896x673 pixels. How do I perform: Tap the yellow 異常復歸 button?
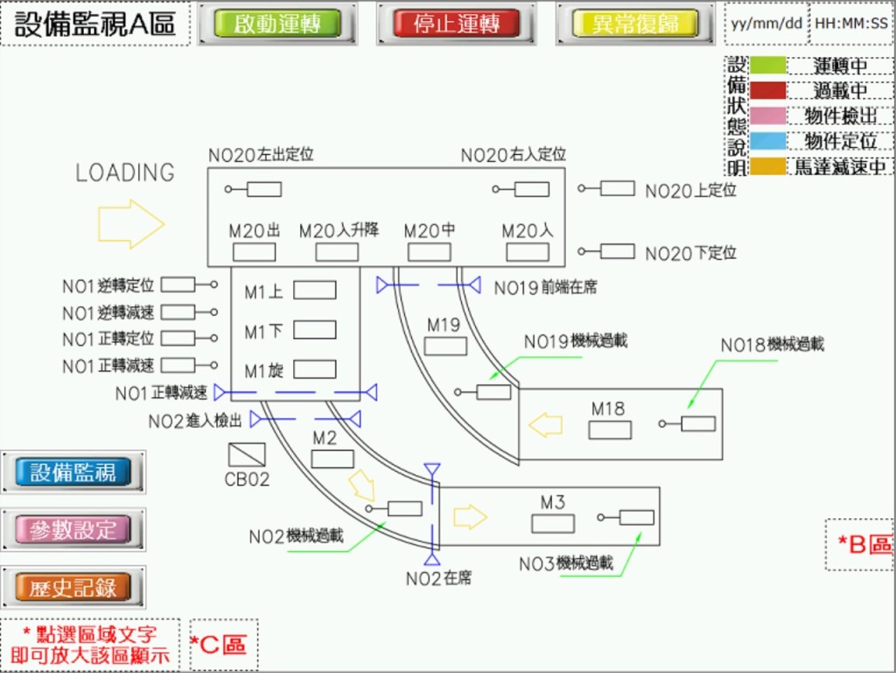634,24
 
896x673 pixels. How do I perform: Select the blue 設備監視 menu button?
73,473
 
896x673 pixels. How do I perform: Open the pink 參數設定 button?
73,529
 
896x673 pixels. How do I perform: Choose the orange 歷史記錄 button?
73,587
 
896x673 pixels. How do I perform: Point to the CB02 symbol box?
247,454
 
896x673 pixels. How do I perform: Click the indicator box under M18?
610,430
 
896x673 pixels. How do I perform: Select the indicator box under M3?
553,523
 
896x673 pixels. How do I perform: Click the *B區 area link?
863,544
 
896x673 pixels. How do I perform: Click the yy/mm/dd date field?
766,24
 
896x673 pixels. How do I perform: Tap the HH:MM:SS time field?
850,24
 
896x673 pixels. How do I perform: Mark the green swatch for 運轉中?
767,66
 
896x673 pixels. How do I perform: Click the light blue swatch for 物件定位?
767,141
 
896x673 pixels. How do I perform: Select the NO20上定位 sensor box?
618,188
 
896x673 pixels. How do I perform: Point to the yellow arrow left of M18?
545,425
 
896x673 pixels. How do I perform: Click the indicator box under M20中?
430,253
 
